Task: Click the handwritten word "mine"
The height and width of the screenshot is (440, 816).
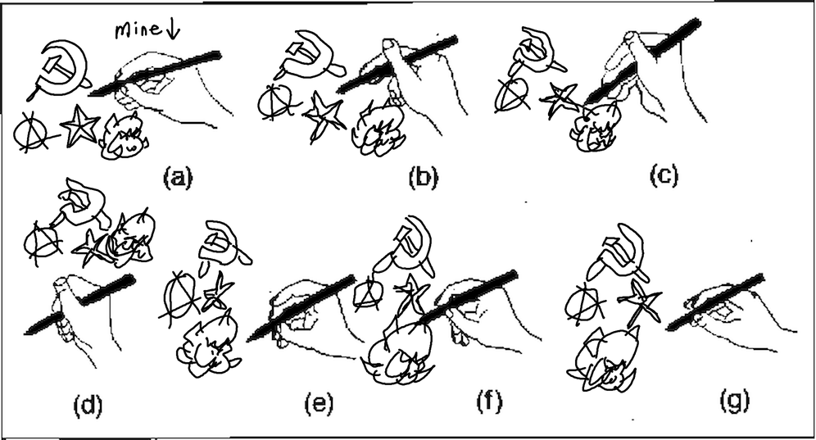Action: pos(138,29)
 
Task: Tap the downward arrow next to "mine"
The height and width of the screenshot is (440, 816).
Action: pos(173,30)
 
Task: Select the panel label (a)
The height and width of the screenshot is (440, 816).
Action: pos(178,178)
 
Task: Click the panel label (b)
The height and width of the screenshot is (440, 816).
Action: pos(423,178)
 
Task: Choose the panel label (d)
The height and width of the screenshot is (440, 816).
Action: pos(88,405)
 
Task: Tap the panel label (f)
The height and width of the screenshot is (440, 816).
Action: pos(489,401)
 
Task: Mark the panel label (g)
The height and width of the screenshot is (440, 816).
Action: pos(735,401)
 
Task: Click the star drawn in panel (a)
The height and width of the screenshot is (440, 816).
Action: pos(79,125)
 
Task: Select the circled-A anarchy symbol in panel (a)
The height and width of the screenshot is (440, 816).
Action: pos(34,133)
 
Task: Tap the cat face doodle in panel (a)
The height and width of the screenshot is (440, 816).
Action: pos(125,138)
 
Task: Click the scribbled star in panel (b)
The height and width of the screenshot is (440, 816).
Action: pos(324,116)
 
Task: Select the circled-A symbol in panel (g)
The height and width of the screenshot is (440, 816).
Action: pos(583,303)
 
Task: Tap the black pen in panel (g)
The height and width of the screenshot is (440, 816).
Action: pos(716,302)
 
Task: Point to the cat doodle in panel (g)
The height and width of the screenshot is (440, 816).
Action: pos(605,360)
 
